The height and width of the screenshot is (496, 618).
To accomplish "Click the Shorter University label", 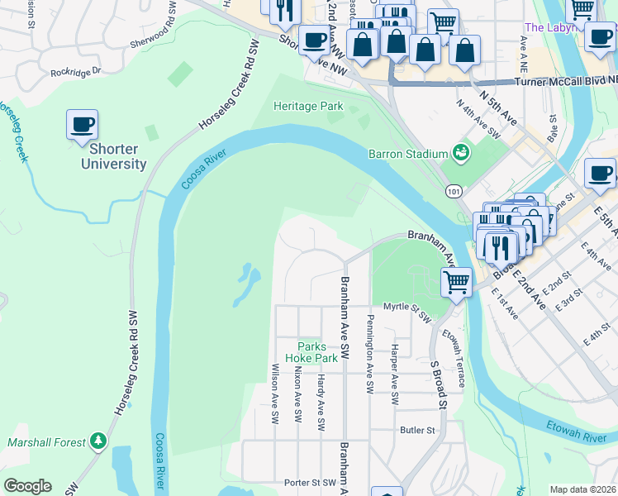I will (x=113, y=156).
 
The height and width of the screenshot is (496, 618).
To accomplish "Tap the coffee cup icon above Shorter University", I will (x=83, y=125).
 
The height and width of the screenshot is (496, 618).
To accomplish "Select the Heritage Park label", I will (x=308, y=107).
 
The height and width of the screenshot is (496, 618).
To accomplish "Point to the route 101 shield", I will (x=454, y=191).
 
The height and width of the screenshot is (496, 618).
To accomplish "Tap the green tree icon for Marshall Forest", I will (x=98, y=441).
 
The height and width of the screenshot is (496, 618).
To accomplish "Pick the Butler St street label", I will (x=417, y=430).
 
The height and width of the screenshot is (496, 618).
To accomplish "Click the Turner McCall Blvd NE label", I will (x=565, y=82).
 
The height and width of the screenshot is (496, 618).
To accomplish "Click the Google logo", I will (x=27, y=486).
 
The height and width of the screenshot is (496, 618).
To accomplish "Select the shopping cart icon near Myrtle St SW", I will (x=456, y=281).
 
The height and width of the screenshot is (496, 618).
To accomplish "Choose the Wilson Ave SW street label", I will (x=275, y=393).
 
